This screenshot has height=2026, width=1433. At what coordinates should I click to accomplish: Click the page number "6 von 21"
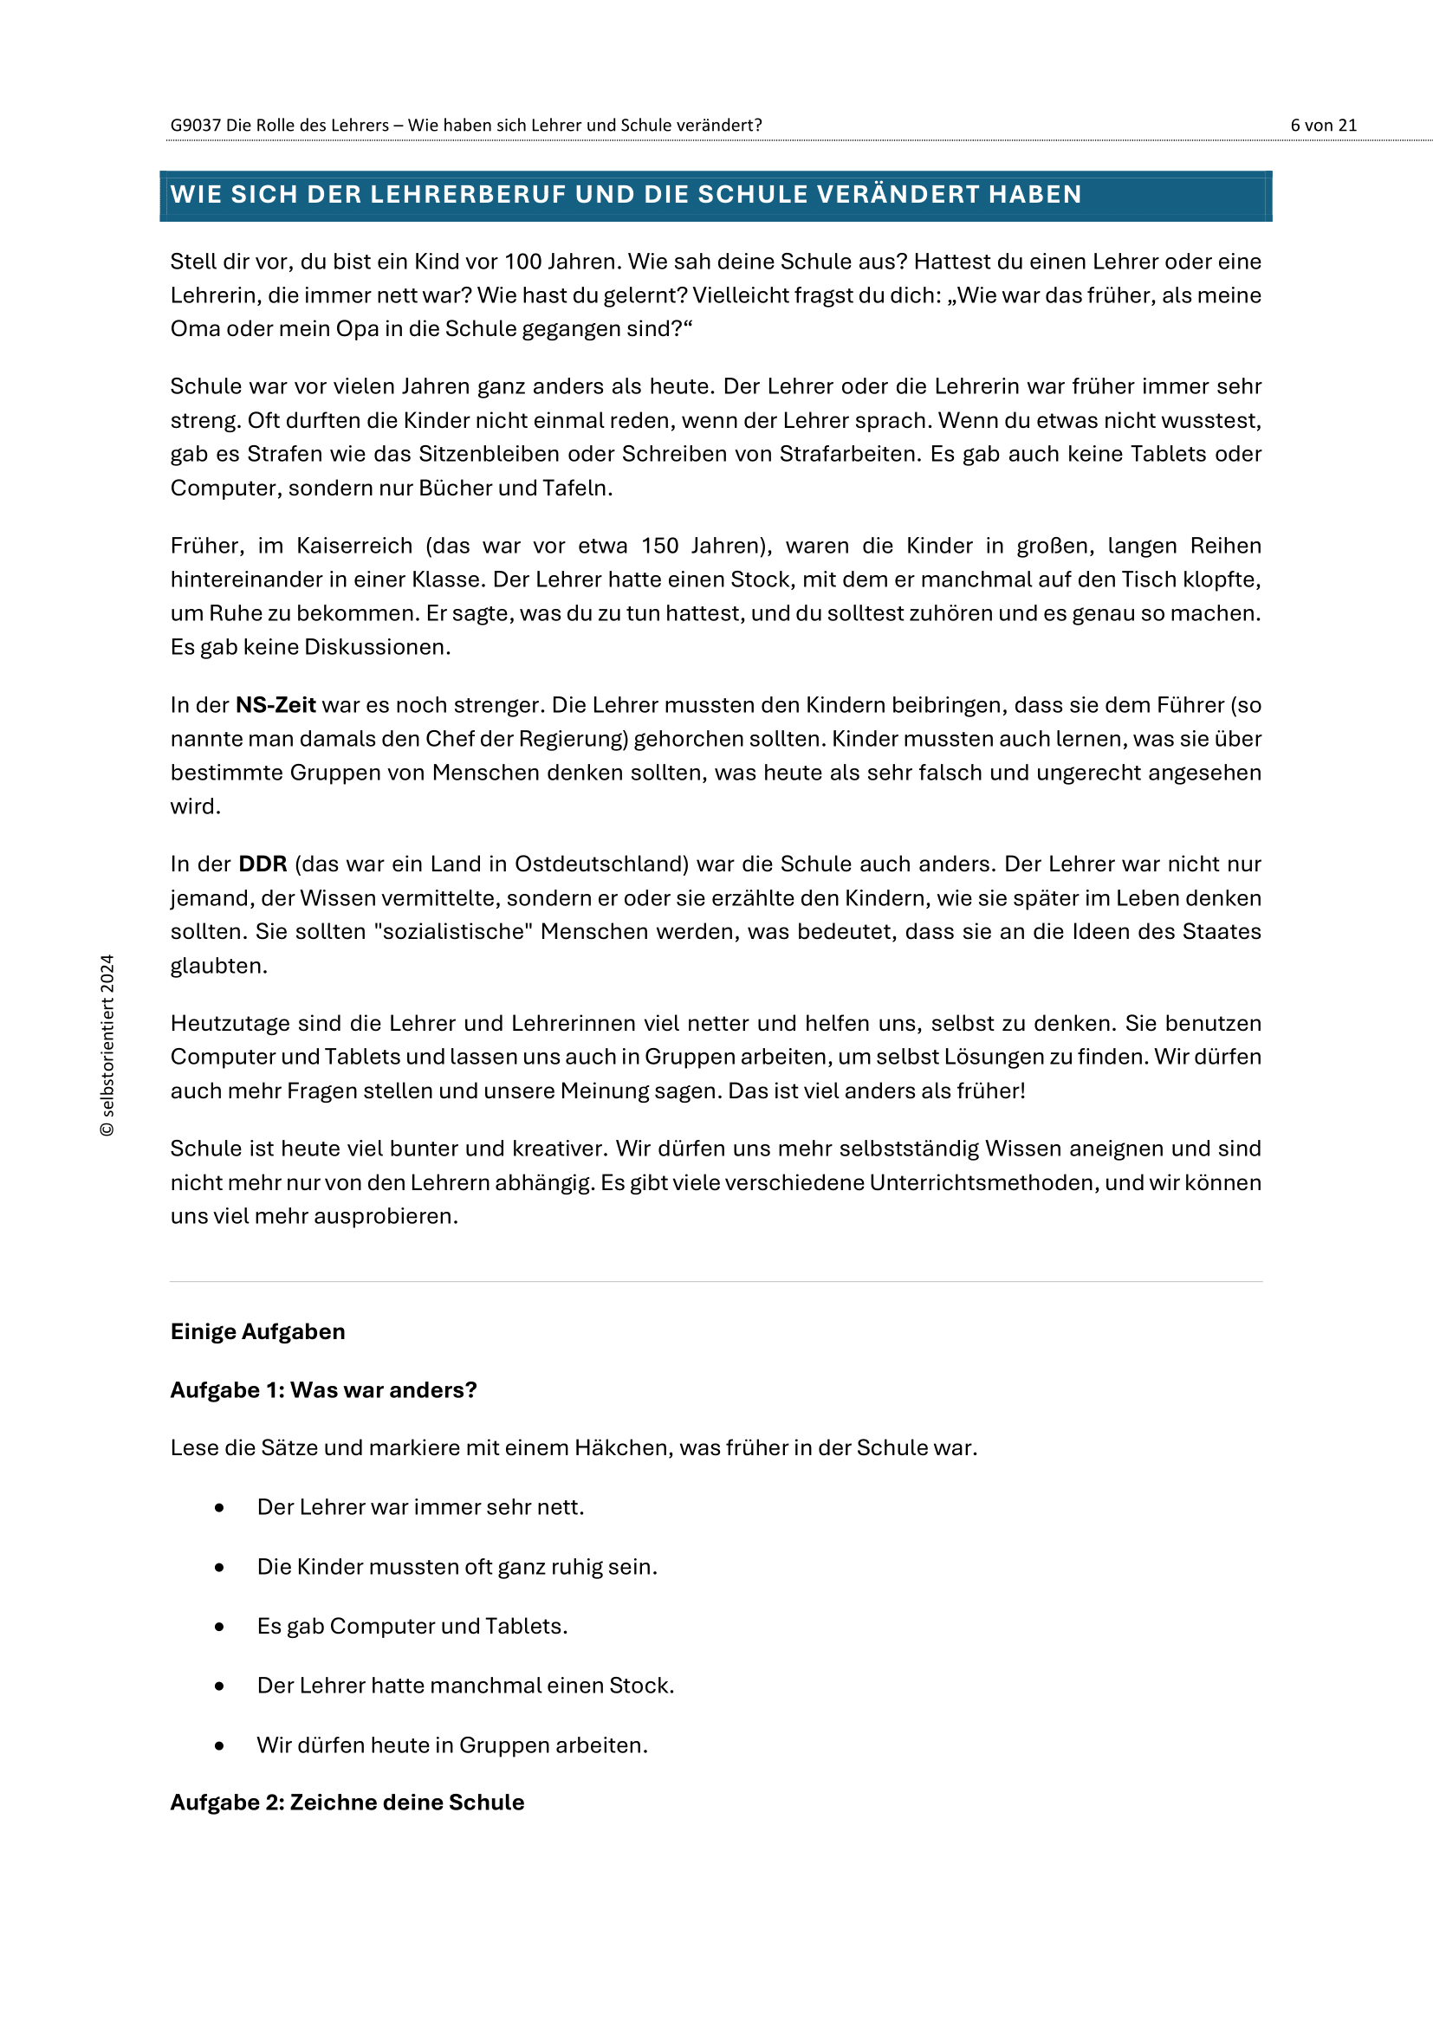[x=1323, y=126]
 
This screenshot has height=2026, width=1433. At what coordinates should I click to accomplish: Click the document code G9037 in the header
[x=195, y=126]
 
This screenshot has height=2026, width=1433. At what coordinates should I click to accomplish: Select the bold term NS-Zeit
[x=276, y=705]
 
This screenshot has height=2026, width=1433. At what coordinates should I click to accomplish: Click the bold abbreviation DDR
[x=263, y=864]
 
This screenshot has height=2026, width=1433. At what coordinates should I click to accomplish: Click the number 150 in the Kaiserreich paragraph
[x=659, y=546]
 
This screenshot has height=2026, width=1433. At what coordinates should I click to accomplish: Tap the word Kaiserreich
[x=353, y=546]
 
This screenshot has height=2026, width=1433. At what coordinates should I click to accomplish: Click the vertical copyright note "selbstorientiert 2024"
[x=107, y=1045]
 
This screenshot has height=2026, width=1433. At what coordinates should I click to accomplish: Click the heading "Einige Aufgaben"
[x=257, y=1331]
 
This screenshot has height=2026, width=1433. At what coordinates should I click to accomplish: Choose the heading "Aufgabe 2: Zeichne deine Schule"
[x=347, y=1802]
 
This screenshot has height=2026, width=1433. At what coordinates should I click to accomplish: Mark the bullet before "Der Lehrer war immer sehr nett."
[x=219, y=1508]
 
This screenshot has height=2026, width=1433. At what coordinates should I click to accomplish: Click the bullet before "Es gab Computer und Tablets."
[x=219, y=1627]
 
